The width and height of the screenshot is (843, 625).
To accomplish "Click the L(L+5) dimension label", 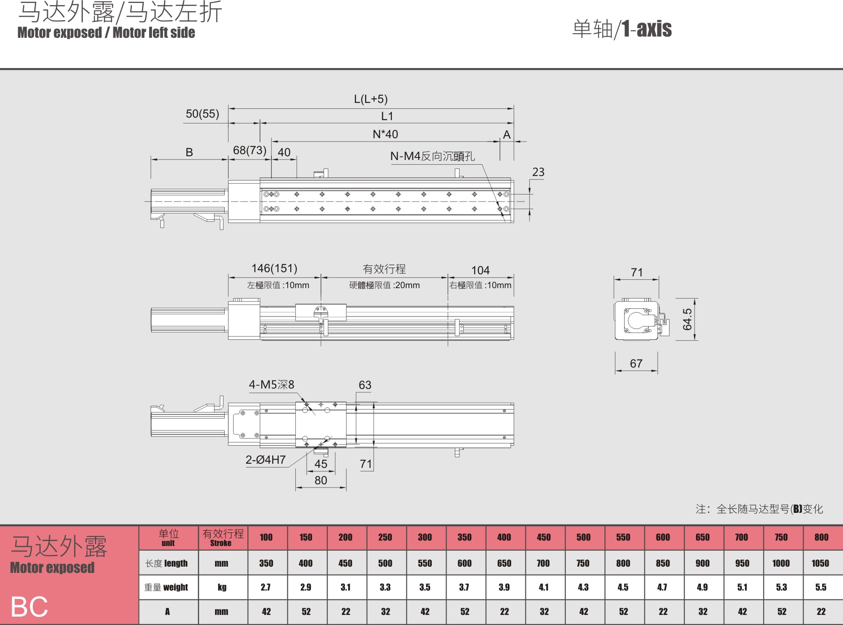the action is [x=370, y=99].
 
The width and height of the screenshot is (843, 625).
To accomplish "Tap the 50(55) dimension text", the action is [x=202, y=114].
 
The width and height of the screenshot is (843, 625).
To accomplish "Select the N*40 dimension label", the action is [x=385, y=134].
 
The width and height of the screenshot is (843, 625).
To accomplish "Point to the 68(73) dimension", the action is [x=249, y=150].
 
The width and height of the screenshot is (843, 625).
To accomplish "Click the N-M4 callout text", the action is [x=433, y=156].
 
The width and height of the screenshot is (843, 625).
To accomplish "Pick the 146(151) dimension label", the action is [x=274, y=268].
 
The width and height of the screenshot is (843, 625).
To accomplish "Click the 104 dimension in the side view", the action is [x=481, y=270].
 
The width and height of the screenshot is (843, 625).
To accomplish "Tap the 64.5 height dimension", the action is [x=687, y=319].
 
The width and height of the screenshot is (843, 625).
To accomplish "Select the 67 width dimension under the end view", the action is [x=636, y=364].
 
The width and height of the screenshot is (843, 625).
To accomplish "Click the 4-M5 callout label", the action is [x=271, y=385].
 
